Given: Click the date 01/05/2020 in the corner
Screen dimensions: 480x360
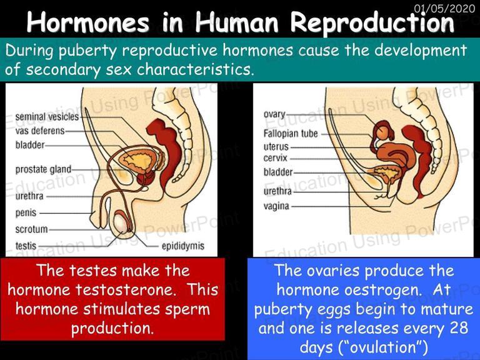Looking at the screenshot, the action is coord(444,8).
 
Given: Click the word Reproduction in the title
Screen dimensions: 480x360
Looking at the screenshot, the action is coord(372,22).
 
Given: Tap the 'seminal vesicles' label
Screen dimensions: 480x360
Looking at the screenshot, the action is coord(47,117).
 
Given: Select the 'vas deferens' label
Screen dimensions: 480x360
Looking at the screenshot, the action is coord(40,131).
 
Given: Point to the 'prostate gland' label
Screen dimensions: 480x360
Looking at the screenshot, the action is coord(43,169).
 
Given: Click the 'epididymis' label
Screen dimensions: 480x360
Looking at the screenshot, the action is coord(183,246).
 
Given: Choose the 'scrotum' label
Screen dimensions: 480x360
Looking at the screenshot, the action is coord(31,229).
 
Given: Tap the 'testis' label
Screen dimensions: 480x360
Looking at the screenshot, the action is coord(26,246).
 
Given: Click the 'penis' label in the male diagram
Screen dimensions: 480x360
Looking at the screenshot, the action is coord(26,213).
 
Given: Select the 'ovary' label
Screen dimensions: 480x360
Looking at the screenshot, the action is coord(274,114).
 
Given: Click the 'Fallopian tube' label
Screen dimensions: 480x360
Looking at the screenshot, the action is coord(291,134).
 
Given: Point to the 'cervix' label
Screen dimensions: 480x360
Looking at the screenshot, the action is coord(276,158).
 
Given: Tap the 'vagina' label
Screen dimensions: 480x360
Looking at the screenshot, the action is coord(276,206).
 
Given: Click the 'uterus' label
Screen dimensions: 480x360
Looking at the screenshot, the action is coord(276,147).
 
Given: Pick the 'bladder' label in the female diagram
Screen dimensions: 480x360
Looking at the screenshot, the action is coord(278,172).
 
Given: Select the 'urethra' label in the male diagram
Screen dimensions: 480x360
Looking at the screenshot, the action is coord(29,196).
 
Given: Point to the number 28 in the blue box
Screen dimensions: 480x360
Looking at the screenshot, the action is coord(459,328).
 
